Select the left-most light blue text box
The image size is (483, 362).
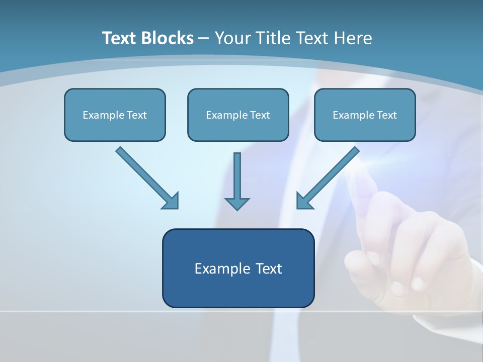pyautogui.click(x=115, y=115)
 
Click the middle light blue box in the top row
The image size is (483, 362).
pyautogui.click(x=238, y=115)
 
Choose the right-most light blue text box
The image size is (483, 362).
pyautogui.click(x=365, y=115)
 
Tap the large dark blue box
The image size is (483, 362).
pyautogui.click(x=238, y=268)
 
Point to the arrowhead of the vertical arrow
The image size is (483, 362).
pyautogui.click(x=237, y=204)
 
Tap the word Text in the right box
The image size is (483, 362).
pyautogui.click(x=387, y=115)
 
